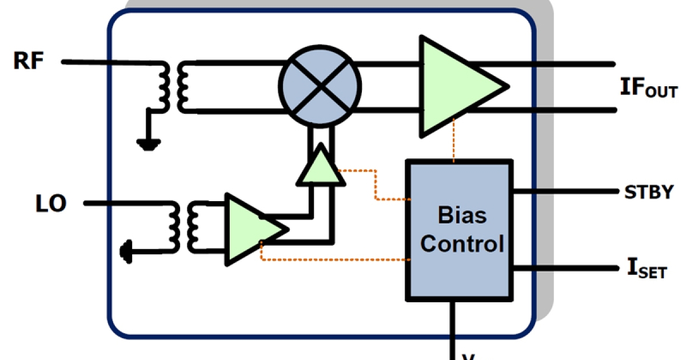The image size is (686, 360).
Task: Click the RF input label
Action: click(x=29, y=61)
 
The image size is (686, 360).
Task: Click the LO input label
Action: click(x=50, y=203)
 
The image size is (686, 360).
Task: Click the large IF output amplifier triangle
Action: click(x=457, y=86)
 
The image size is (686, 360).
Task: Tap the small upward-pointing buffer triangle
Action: click(x=320, y=167)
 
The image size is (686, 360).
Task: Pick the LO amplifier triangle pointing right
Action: click(x=252, y=229)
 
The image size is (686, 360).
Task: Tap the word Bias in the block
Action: click(x=462, y=215)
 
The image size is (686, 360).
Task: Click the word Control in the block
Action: click(x=462, y=244)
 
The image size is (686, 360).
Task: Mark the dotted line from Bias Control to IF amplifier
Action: click(x=454, y=140)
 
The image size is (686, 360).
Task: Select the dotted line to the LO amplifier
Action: click(x=332, y=260)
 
